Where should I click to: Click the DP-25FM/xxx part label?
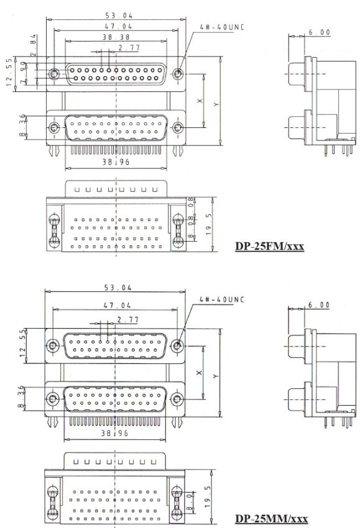tap(269, 246)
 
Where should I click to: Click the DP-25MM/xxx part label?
tap(270, 518)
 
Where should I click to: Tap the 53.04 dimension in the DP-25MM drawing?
tap(116, 287)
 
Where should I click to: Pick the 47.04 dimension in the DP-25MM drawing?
tap(116, 306)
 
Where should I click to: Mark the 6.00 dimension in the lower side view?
tap(318, 304)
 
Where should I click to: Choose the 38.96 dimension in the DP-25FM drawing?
tap(116, 161)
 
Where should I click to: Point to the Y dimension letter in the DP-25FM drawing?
tap(216, 104)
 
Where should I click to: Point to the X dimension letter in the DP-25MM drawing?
tap(199, 372)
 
